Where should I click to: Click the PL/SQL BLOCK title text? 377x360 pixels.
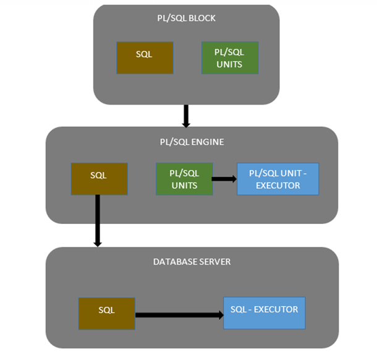186,18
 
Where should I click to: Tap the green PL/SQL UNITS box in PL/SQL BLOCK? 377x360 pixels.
230,58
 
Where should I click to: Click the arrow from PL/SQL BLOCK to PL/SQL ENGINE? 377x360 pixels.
185,115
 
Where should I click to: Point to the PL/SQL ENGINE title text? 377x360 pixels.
192,142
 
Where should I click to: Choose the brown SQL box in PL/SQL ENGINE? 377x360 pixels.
99,179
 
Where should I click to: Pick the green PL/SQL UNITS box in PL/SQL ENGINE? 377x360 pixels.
184,179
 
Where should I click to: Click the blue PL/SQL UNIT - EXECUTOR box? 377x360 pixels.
278,179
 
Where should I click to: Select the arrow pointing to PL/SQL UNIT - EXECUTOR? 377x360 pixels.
224,179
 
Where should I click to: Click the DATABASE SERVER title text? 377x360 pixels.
192,262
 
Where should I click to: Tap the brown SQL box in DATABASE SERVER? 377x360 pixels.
106,314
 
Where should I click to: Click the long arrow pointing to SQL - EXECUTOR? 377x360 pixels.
179,315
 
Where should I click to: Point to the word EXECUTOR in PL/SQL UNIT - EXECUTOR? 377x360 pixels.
278,185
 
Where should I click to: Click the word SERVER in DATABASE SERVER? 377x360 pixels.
214,262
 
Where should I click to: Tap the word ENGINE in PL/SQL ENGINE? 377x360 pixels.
208,142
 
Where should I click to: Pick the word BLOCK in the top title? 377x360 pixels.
202,18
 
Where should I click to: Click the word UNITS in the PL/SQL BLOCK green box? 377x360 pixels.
230,64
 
